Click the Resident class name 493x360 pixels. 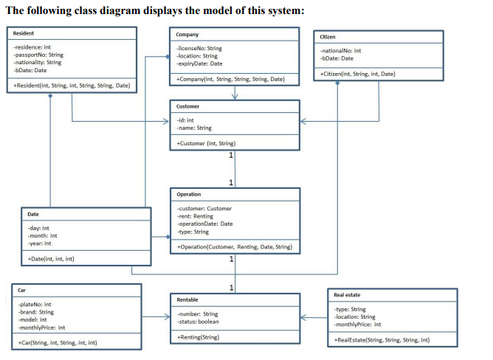(24, 34)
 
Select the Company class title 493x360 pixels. (187, 35)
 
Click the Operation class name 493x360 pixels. (190, 194)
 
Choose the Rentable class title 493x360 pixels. (189, 299)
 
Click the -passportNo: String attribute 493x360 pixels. (38, 55)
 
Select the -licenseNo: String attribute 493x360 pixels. (199, 49)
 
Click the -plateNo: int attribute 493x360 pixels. (32, 304)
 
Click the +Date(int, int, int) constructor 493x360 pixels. (49, 259)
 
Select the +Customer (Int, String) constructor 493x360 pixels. (206, 142)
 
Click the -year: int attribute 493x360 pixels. (38, 243)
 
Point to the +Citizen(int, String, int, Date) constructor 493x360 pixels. (358, 75)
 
